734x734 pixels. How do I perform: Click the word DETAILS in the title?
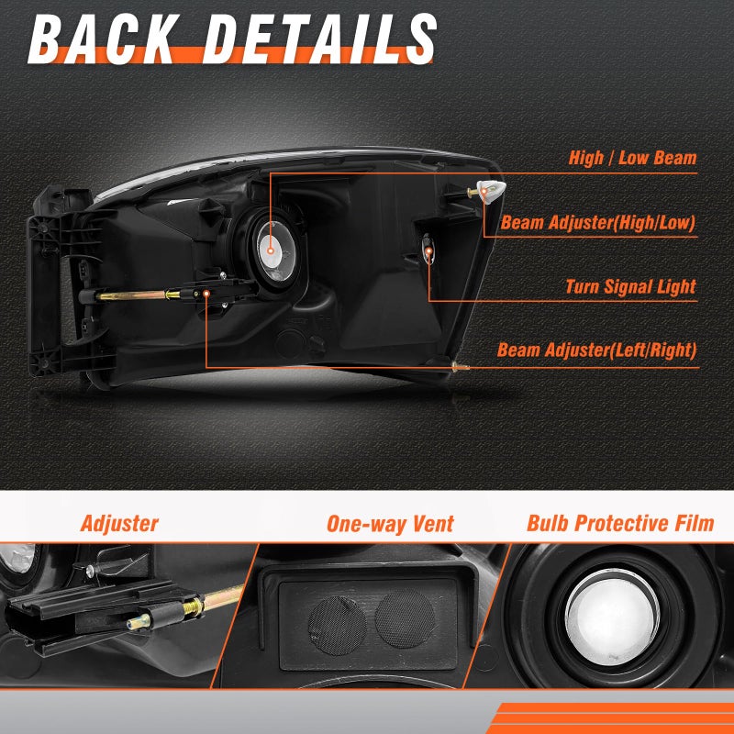(319, 39)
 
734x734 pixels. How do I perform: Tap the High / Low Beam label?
(632, 158)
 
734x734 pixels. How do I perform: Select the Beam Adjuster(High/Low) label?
(598, 223)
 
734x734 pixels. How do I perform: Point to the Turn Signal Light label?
(630, 286)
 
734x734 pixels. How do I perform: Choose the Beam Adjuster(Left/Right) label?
(597, 350)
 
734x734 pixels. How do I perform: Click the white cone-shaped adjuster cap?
(492, 192)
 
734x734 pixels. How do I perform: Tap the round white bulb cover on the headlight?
(276, 250)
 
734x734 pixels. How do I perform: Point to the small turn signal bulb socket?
(428, 248)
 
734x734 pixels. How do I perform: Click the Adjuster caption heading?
(119, 523)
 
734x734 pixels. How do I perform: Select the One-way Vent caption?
(390, 524)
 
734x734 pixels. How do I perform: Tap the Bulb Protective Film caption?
(620, 523)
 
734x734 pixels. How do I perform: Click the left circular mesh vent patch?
(337, 626)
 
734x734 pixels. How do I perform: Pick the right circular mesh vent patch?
(405, 617)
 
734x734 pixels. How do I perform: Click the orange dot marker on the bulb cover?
(271, 250)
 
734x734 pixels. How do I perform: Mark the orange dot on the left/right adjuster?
(206, 294)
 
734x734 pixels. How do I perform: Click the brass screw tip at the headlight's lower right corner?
(461, 366)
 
